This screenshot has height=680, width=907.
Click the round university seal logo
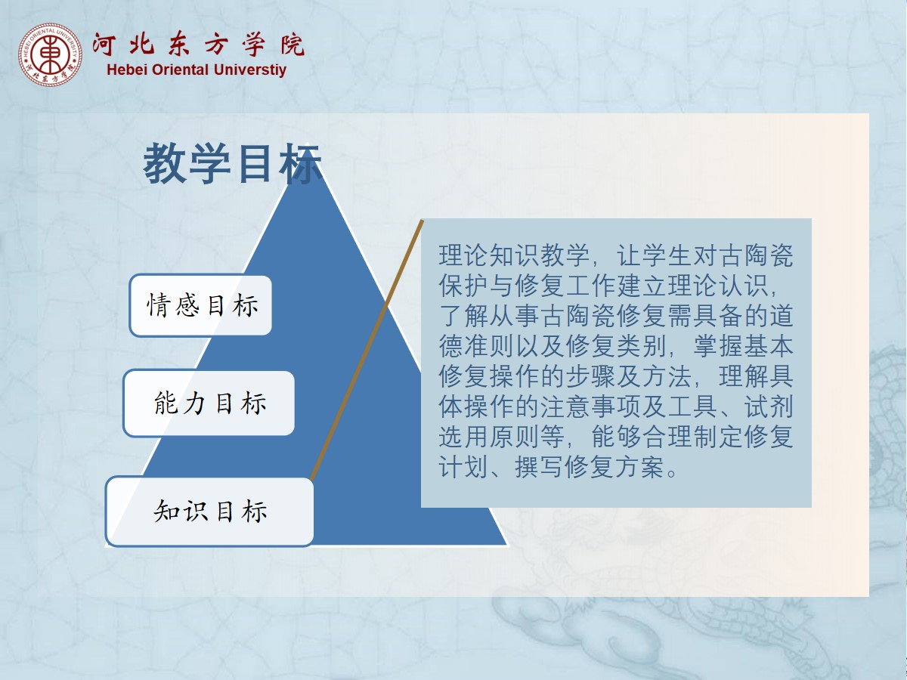pos(50,55)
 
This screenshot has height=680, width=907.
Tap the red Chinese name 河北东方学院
pos(198,44)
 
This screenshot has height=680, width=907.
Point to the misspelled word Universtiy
pos(250,70)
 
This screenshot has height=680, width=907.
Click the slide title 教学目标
pos(232,162)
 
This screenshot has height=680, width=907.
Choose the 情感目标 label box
pos(201,305)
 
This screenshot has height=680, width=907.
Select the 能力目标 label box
pos(209,403)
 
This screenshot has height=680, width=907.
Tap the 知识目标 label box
pos(210,512)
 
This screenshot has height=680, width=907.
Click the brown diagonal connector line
pos(367,350)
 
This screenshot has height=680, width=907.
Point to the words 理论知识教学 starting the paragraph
pos(514,255)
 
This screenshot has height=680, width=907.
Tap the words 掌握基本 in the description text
pos(743,346)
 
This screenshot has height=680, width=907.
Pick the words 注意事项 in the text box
pos(590,406)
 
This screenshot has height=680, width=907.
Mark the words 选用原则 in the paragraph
pos(489,437)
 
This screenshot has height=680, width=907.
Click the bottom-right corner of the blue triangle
pos(508,546)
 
